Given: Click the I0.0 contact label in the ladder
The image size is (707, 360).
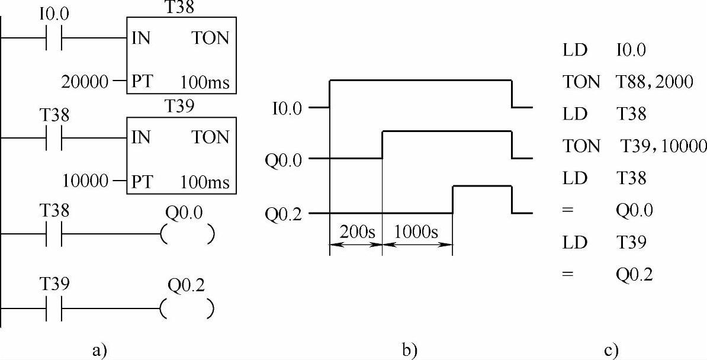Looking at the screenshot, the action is point(54,14).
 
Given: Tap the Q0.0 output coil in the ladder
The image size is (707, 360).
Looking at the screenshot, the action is point(187,235).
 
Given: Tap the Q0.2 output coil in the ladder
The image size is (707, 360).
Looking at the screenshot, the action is point(187,309).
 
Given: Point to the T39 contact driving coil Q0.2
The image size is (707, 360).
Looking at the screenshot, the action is point(54,309).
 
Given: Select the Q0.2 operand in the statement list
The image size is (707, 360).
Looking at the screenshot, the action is point(634,275).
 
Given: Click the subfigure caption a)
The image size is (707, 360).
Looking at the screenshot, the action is point(100,349).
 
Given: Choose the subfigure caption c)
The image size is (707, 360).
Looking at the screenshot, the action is point(612,349).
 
